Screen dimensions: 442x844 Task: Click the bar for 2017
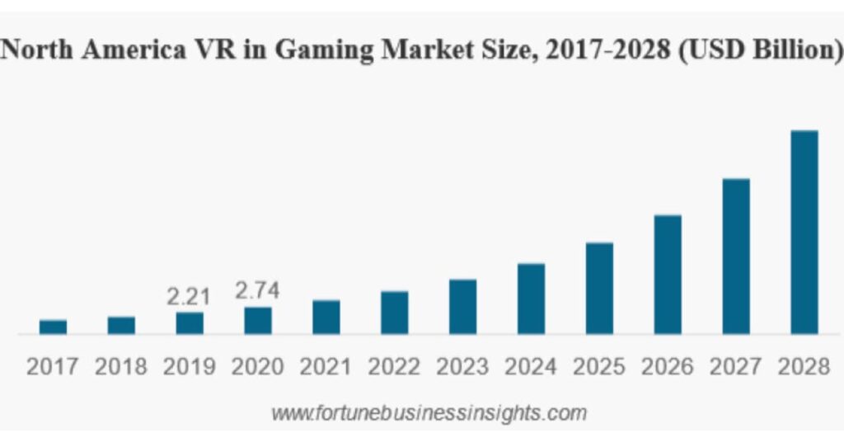coord(53,327)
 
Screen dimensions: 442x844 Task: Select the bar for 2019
coord(190,322)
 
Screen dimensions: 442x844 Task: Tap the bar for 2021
coord(326,317)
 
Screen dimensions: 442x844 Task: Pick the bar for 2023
coord(463,306)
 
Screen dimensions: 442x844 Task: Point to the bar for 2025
coord(599,288)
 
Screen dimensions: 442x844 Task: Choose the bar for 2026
coord(668,274)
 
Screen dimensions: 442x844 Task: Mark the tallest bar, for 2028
coord(804,232)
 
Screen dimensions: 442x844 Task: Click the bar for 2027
coord(736,256)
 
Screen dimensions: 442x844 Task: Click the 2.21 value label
coord(190,296)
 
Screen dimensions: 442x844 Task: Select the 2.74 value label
coord(258,291)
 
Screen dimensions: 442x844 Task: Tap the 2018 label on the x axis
coord(121,367)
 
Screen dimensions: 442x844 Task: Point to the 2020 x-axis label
coord(258,367)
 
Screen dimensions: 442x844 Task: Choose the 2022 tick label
coord(395,367)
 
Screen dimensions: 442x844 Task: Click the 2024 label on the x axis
coord(532,367)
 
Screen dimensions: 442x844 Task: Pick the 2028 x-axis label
coord(804,367)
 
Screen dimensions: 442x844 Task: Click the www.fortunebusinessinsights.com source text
coord(429,411)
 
